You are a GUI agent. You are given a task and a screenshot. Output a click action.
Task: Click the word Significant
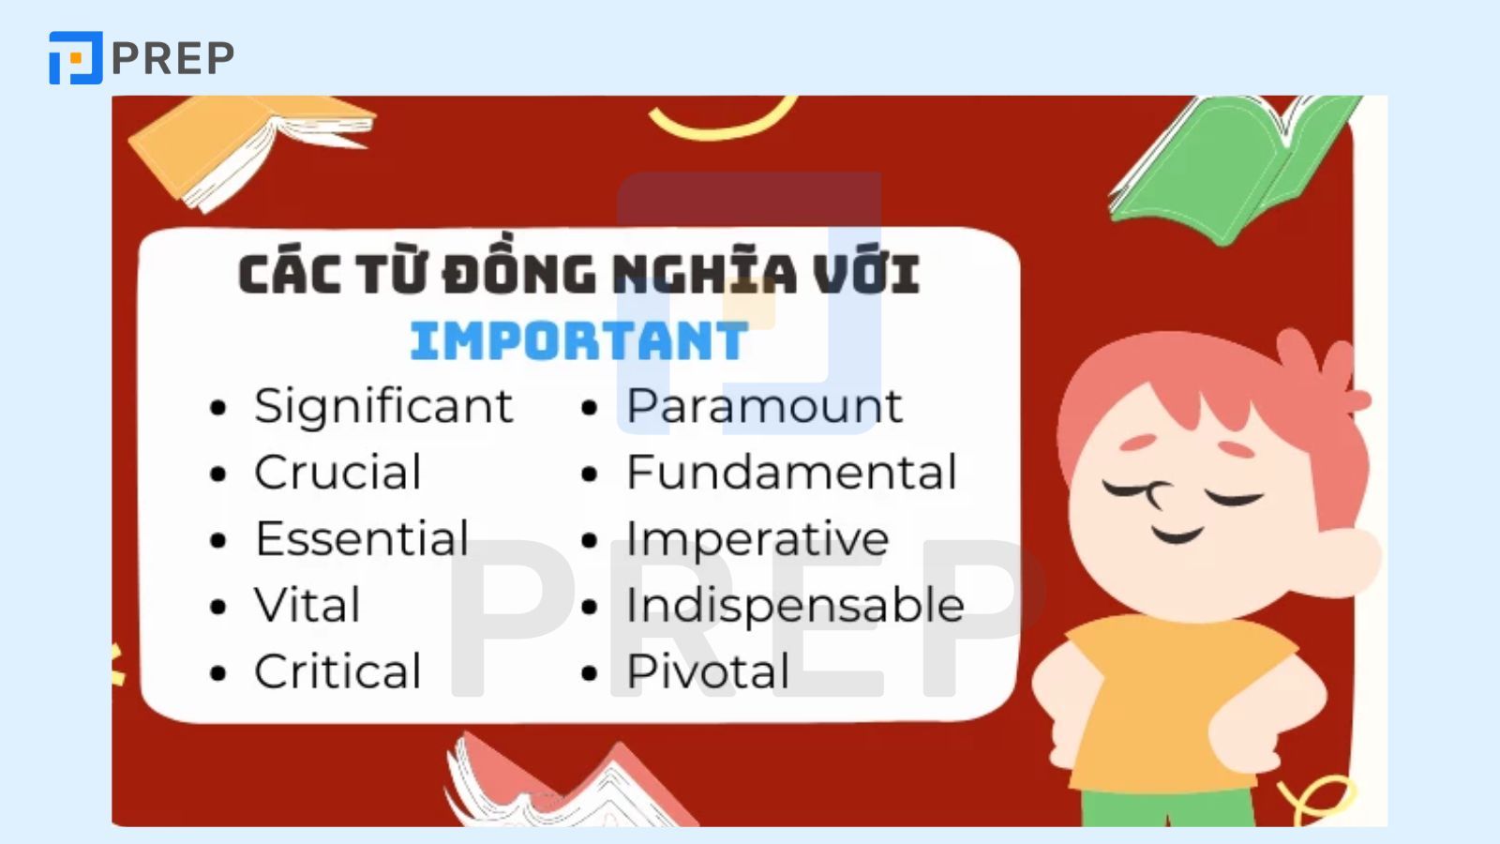point(382,407)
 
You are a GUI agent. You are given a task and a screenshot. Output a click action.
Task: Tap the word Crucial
point(337,472)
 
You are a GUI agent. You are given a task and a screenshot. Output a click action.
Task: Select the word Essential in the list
point(362,538)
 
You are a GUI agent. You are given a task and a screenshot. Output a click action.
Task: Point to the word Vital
point(307,605)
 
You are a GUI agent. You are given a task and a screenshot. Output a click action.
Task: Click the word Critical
point(337,671)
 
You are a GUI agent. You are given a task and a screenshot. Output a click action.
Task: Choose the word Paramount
point(763,407)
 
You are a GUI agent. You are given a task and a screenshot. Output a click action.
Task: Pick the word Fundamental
point(791,472)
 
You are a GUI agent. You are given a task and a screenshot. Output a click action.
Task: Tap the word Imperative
point(757,539)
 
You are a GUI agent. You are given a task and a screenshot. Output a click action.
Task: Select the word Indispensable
point(795,605)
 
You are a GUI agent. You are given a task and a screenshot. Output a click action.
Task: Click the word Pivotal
point(708,671)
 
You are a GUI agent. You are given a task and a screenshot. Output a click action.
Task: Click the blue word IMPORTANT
point(578,340)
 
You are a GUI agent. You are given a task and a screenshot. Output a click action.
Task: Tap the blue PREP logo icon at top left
point(75,58)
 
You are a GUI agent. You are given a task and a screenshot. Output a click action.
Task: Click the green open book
point(1228,169)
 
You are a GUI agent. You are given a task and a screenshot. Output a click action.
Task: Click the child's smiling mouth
point(1176,535)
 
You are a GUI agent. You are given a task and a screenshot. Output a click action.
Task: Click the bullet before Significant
point(218,408)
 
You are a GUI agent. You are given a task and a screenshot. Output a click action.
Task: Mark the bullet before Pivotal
point(589,672)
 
